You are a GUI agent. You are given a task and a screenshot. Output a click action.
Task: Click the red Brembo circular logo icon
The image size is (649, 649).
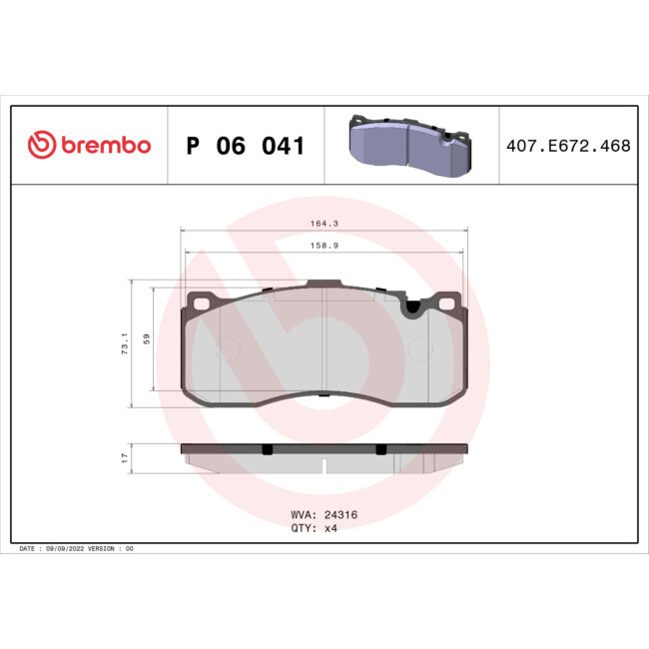pyautogui.click(x=39, y=146)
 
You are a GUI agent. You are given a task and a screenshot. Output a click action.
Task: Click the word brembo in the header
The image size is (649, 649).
pyautogui.click(x=105, y=146)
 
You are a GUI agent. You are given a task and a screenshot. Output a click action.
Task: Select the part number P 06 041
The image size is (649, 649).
pyautogui.click(x=245, y=146)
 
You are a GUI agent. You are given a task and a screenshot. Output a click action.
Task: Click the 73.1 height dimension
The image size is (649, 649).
pyautogui.click(x=125, y=344)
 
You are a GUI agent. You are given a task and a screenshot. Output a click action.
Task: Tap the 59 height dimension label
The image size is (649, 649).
pyautogui.click(x=146, y=339)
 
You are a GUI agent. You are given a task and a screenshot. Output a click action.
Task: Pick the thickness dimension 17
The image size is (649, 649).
pyautogui.click(x=125, y=457)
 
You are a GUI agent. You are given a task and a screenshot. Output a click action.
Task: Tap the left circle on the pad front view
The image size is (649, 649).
pyautogui.click(x=228, y=348)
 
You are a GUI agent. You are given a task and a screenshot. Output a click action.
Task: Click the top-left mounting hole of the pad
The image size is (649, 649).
pyautogui.click(x=200, y=303)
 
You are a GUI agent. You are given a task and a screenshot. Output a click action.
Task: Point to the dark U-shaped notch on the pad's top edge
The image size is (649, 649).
pyautogui.click(x=409, y=310)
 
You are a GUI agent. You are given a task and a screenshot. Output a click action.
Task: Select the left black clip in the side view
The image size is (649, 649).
pyautogui.click(x=267, y=449)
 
